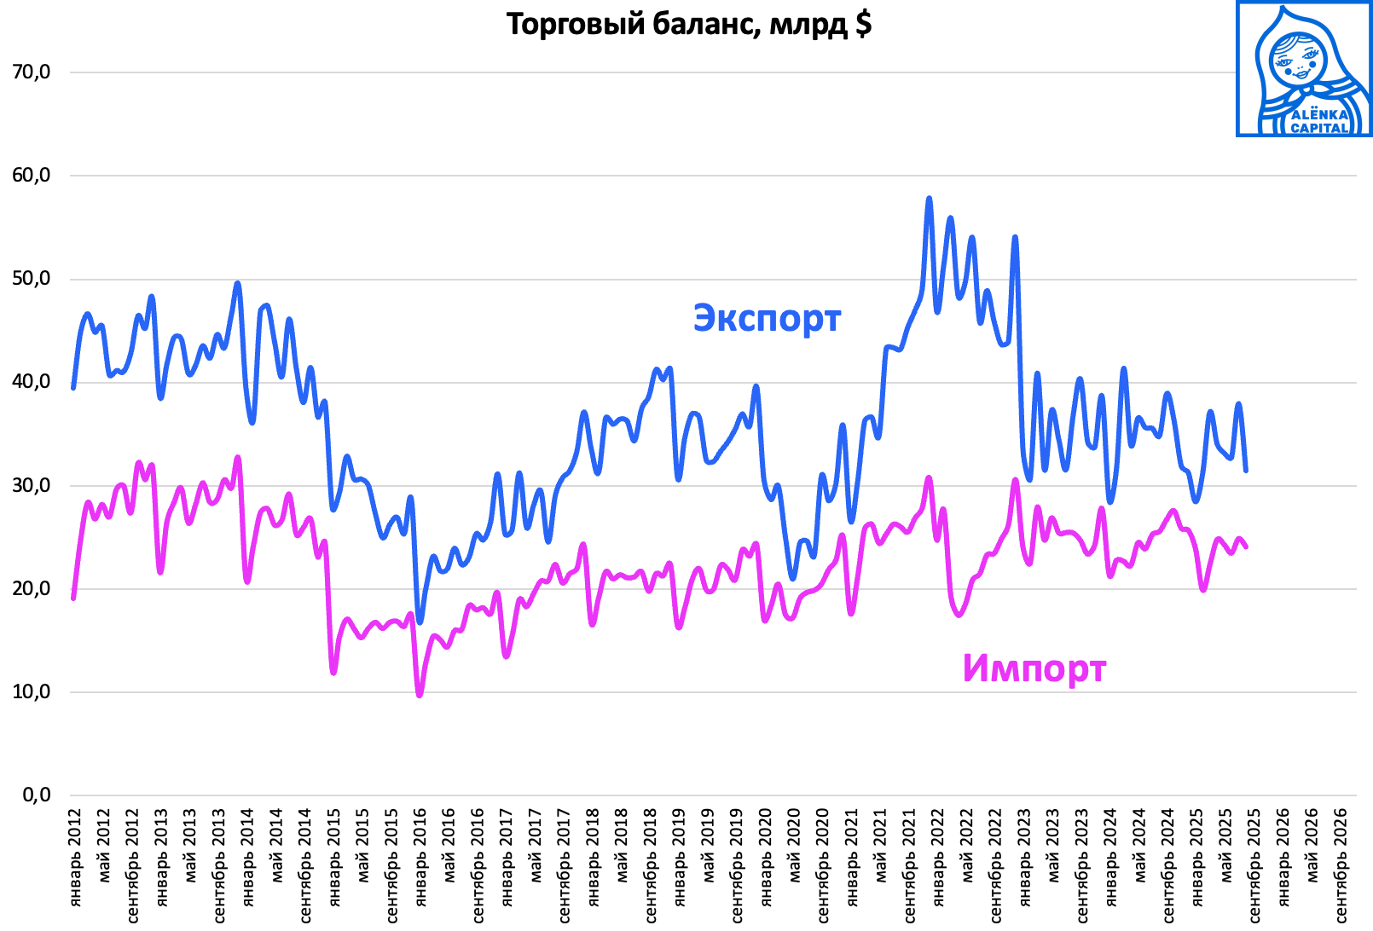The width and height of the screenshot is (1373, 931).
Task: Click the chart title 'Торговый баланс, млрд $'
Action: point(688,24)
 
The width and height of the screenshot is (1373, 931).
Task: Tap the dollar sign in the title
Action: point(863,24)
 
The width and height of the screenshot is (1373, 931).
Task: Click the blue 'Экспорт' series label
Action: point(767,318)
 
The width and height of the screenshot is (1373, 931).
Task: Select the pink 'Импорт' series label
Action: point(1034,668)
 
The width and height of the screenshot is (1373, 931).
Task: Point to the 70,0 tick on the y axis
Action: point(32,72)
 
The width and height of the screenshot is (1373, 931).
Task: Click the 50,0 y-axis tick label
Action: point(32,280)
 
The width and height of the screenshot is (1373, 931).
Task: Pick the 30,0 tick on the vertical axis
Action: point(32,486)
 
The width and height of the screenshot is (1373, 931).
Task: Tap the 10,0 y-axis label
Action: point(32,692)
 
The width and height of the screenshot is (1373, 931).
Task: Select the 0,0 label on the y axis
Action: point(37,795)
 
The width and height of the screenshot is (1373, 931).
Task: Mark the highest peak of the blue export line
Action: point(929,199)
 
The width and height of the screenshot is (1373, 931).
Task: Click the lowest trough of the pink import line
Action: point(420,696)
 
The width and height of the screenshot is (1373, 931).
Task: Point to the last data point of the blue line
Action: point(1246,470)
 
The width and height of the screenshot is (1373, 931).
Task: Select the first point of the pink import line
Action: point(73,598)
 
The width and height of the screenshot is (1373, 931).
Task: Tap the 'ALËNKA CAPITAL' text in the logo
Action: point(1319,121)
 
